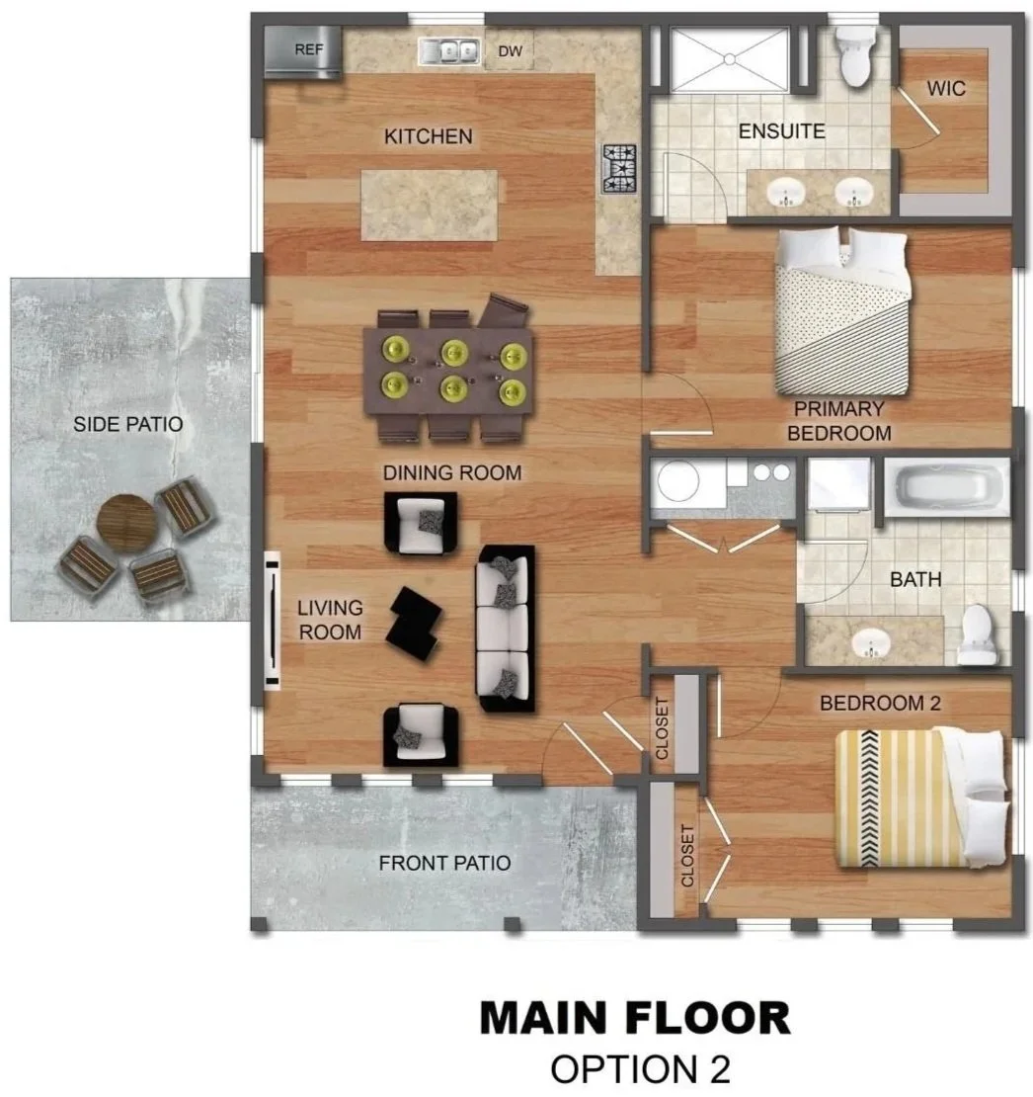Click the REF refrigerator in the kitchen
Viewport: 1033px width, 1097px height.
click(303, 51)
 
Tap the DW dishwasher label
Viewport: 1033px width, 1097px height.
click(511, 51)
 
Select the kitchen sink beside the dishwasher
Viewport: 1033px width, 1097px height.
click(449, 51)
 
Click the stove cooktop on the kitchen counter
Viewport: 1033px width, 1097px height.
click(620, 169)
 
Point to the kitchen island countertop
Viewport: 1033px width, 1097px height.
click(430, 206)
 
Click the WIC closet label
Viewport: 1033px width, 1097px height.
click(946, 89)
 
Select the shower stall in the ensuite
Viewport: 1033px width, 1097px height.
click(729, 59)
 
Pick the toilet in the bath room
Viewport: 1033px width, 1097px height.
click(976, 634)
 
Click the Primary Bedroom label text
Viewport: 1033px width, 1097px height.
click(839, 420)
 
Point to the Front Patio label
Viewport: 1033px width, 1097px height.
click(444, 864)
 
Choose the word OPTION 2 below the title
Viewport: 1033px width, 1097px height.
click(640, 1069)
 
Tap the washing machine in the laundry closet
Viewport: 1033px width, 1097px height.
click(677, 481)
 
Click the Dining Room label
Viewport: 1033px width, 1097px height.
click(452, 473)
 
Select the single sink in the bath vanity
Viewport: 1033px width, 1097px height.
click(872, 641)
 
